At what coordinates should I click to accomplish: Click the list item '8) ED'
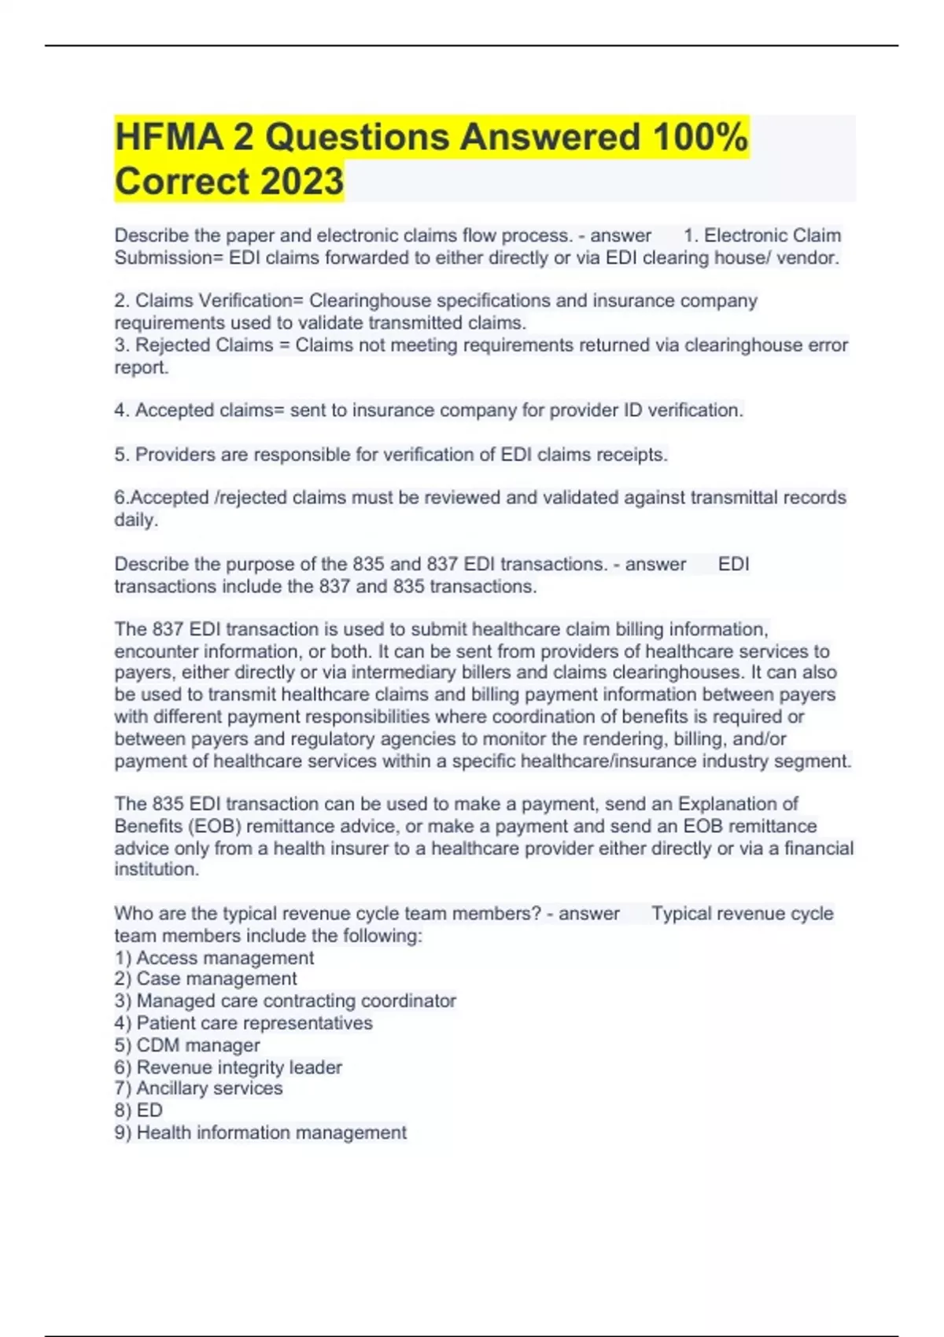pos(138,1110)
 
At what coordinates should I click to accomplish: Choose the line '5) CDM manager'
pos(187,1045)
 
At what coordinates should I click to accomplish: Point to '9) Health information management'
pos(260,1133)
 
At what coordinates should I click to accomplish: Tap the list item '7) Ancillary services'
pos(198,1088)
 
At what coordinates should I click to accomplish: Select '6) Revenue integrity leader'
pos(228,1067)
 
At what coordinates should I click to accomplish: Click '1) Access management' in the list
pos(214,958)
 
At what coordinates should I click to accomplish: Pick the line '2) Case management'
pos(205,979)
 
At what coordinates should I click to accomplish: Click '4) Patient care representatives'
pos(243,1023)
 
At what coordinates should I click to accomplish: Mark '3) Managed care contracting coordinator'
pos(285,1001)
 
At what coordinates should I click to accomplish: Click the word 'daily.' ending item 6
pos(136,520)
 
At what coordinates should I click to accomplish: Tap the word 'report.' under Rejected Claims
pos(142,367)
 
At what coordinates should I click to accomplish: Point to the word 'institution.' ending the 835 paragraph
pos(157,869)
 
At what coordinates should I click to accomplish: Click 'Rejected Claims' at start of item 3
pos(205,345)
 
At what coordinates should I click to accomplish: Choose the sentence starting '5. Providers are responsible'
pos(391,455)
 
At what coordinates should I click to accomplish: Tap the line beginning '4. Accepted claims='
pos(429,411)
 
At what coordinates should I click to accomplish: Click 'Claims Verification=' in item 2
pos(219,301)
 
